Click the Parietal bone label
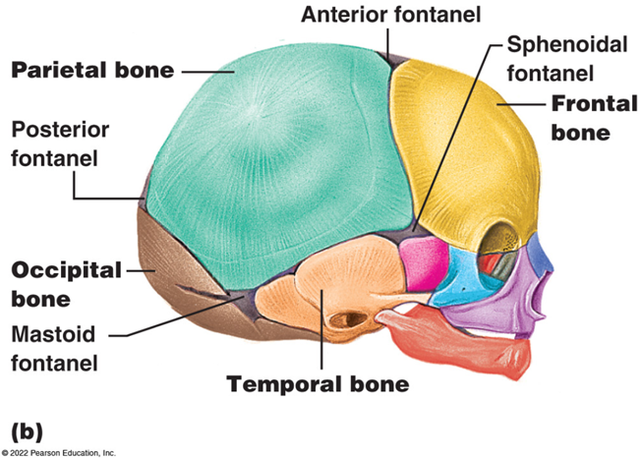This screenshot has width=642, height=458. click(92, 70)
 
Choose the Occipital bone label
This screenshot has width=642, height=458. click(66, 282)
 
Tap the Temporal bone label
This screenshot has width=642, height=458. click(318, 383)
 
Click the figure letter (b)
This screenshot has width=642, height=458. click(28, 429)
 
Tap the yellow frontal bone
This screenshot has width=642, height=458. click(462, 147)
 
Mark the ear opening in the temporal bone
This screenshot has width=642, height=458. click(345, 320)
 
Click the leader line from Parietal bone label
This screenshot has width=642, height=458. click(206, 70)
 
